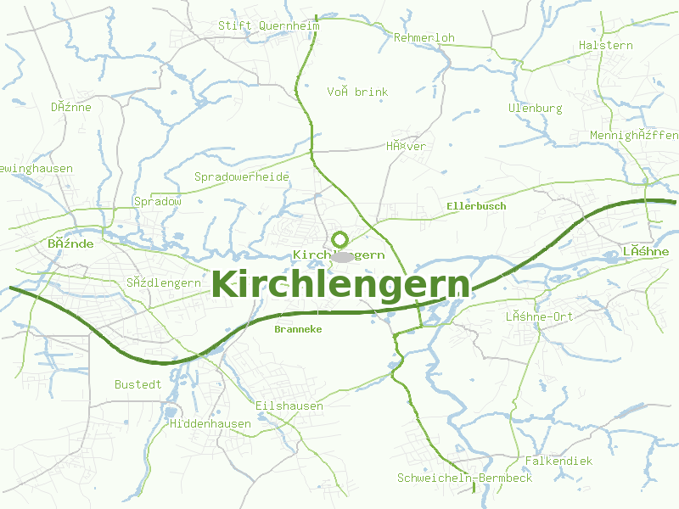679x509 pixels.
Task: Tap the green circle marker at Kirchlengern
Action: [x=340, y=239]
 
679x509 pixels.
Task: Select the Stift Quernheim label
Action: [x=269, y=25]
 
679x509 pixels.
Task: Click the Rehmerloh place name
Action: [x=424, y=38]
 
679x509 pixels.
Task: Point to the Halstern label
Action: [x=606, y=45]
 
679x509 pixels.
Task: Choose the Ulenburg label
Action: [x=536, y=109]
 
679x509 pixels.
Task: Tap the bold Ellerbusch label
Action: [x=476, y=206]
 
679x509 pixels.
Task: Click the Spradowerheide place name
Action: [x=242, y=177]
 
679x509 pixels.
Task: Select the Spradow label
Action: [x=158, y=202]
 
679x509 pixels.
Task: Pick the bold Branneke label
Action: [x=299, y=329]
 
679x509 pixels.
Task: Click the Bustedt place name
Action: [x=138, y=384]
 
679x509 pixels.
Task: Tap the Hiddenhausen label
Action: [x=210, y=423]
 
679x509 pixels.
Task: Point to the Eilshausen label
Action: [x=289, y=406]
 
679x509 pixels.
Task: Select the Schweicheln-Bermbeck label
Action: [x=465, y=478]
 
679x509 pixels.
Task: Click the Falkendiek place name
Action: [x=559, y=461]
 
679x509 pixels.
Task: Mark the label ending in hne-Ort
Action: [x=540, y=317]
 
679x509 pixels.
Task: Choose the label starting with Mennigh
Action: [x=634, y=136]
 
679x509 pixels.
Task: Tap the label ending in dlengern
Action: [x=163, y=282]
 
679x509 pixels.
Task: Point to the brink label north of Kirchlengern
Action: [x=357, y=92]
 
